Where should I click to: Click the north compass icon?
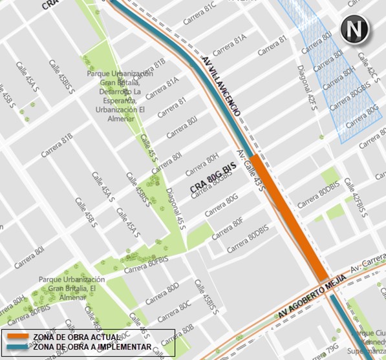(354, 30)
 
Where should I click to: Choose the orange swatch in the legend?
(18, 337)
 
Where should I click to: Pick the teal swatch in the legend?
(18, 347)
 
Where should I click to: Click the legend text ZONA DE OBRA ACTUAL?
(76, 337)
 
